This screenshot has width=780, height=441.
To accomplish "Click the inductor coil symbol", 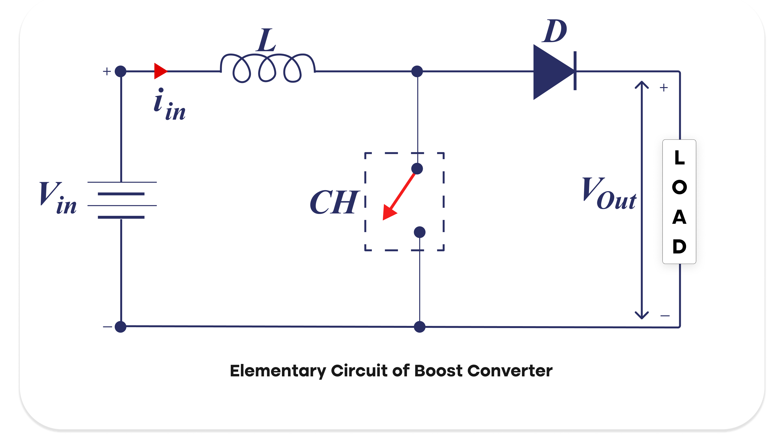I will pos(268,68).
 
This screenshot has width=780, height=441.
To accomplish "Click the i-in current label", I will pos(169,105).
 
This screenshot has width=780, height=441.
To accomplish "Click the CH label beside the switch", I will pos(334,202).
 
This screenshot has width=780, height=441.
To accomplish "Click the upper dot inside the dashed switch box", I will pos(417,168).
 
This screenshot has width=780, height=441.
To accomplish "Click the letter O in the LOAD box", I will pos(679,187).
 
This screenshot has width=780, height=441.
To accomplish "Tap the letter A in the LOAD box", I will pos(679,217).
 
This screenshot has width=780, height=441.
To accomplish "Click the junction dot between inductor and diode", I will pos(417,71).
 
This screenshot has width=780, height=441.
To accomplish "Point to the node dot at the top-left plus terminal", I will pos(120,71).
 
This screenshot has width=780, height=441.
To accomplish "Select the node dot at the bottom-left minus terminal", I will pos(120,327).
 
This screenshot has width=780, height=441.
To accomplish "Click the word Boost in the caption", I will pos(438,371).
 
